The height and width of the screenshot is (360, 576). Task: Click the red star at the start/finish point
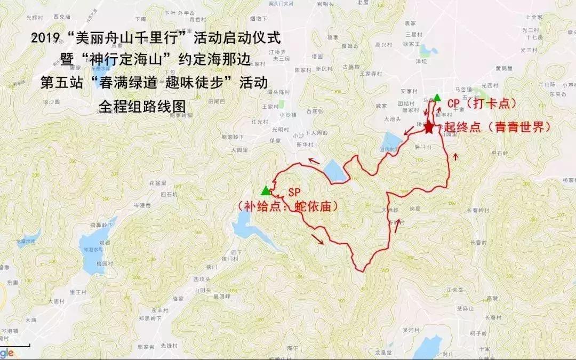coord(429,127)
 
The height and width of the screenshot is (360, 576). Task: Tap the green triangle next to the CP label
coord(437,97)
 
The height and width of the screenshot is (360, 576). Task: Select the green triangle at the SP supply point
coord(265,190)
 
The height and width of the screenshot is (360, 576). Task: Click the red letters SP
coord(294,192)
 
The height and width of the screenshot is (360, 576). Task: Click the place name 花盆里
coord(158,183)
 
